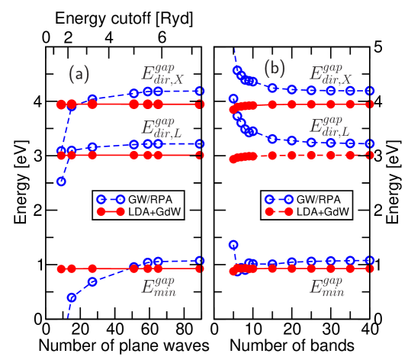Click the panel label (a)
tap(79, 74)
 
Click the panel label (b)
tap(275, 69)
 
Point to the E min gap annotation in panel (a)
tap(159, 287)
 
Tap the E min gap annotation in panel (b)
tap(326, 287)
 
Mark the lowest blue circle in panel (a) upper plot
tap(61, 182)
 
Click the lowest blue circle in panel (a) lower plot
tap(71, 297)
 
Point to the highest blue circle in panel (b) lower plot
tap(233, 244)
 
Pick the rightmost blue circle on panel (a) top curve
tap(200, 92)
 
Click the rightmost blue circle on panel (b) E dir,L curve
tap(369, 143)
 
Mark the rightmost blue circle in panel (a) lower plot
tap(200, 261)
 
